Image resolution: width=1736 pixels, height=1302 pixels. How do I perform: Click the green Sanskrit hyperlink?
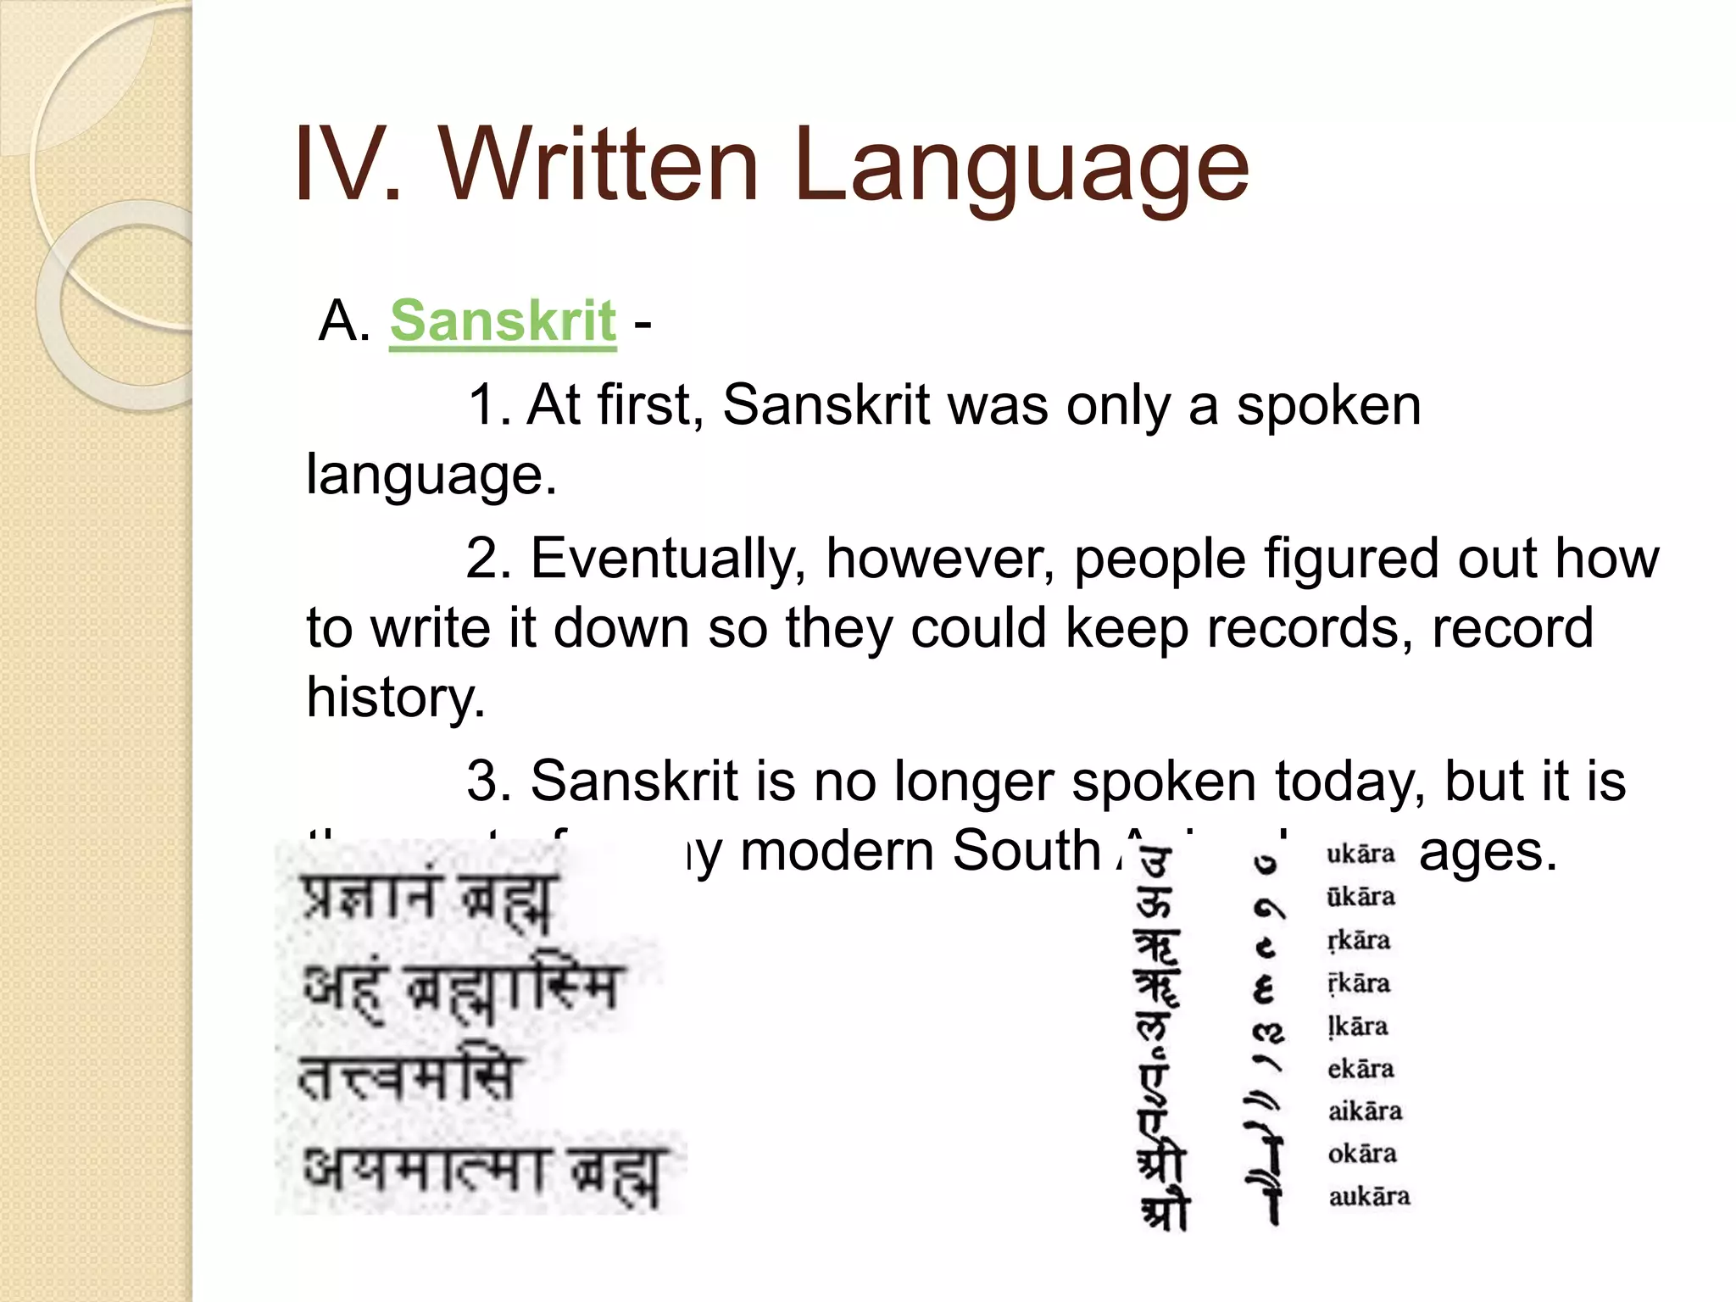[x=503, y=321]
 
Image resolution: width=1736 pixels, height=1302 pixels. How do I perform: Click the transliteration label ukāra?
[x=1360, y=854]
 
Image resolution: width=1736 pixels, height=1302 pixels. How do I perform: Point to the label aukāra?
[x=1369, y=1196]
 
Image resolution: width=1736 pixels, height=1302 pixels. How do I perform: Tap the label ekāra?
[x=1360, y=1069]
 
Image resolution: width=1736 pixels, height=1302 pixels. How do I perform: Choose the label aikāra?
[x=1365, y=1111]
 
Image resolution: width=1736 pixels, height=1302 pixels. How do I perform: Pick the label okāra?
[x=1362, y=1154]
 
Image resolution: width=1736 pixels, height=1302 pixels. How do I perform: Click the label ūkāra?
[x=1360, y=897]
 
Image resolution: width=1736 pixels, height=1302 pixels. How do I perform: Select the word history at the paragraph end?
[x=395, y=697]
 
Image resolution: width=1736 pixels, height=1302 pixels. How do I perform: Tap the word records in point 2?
[x=1310, y=628]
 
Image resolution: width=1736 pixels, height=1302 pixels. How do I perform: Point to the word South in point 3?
[x=1026, y=850]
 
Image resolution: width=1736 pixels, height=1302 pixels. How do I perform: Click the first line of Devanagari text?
[x=429, y=900]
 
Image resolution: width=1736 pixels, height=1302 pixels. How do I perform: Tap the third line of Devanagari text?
[x=407, y=1078]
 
